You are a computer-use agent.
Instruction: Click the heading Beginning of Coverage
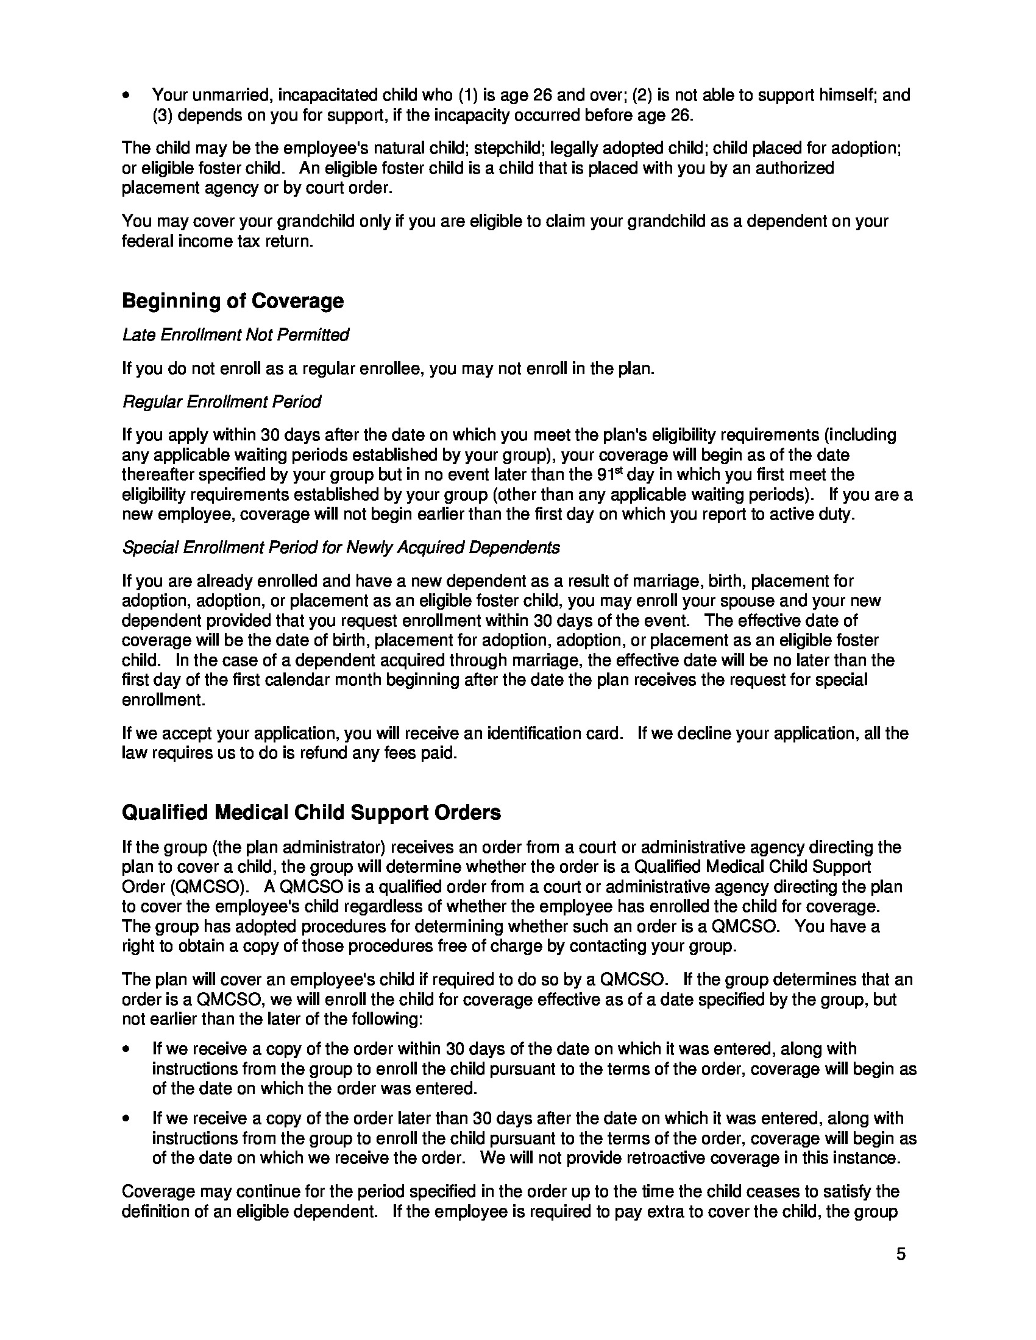(233, 301)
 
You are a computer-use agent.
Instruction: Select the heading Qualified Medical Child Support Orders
(311, 813)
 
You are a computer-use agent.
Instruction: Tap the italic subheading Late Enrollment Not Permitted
(236, 335)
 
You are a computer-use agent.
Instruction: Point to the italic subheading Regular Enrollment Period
(222, 402)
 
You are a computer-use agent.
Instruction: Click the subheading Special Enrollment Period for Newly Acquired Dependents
(341, 548)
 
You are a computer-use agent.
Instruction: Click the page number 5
(900, 1254)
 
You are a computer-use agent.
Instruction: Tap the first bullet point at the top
(126, 96)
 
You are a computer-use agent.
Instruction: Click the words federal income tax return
(218, 241)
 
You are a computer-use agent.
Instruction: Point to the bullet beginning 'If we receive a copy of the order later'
(126, 1118)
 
